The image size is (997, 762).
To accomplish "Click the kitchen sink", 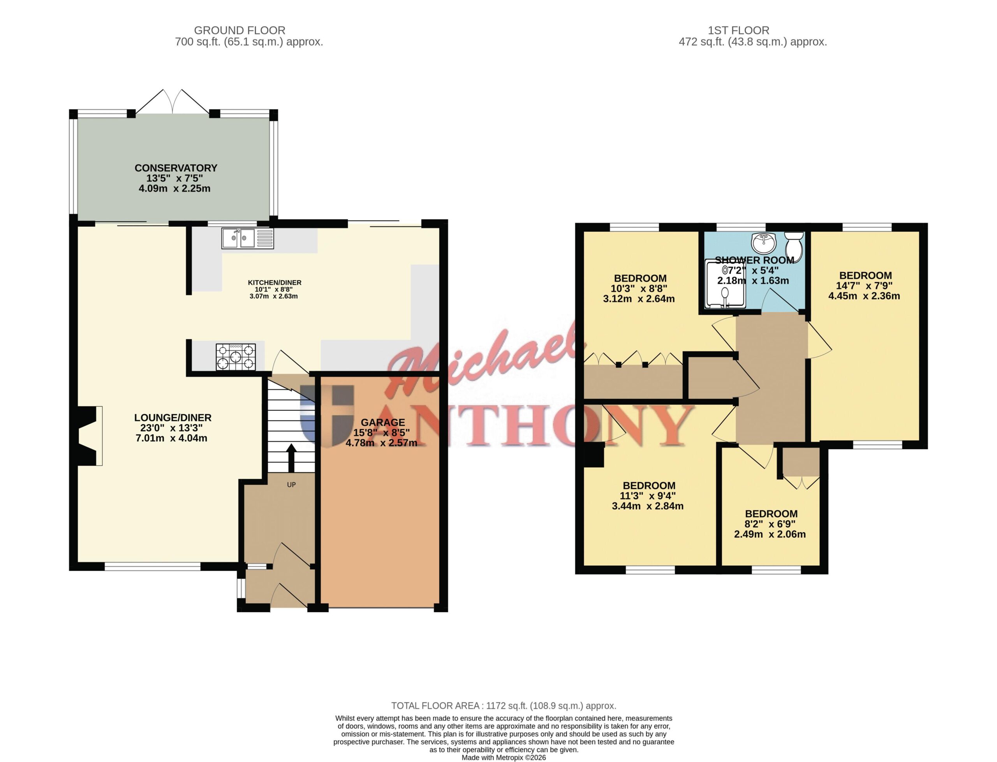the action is pyautogui.click(x=248, y=238).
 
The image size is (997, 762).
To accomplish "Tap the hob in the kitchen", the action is pyautogui.click(x=236, y=357).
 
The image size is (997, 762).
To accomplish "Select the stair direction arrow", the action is pyautogui.click(x=291, y=458).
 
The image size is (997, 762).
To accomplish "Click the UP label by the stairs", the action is pyautogui.click(x=291, y=485).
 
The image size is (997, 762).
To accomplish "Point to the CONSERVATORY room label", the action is pyautogui.click(x=176, y=168).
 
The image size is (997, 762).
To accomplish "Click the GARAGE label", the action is pyautogui.click(x=382, y=422).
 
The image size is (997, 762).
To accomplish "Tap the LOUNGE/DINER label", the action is pyautogui.click(x=173, y=418).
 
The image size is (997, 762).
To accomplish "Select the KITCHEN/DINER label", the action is pyautogui.click(x=275, y=283).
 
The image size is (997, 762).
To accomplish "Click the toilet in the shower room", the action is pyautogui.click(x=794, y=246).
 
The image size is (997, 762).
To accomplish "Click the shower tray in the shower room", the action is pyautogui.click(x=725, y=283).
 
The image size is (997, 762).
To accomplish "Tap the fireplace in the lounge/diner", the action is pyautogui.click(x=90, y=436).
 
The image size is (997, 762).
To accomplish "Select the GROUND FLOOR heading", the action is pyautogui.click(x=240, y=30).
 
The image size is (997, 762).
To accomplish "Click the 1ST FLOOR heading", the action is pyautogui.click(x=738, y=30).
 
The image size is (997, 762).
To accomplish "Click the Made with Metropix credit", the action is pyautogui.click(x=504, y=757).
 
